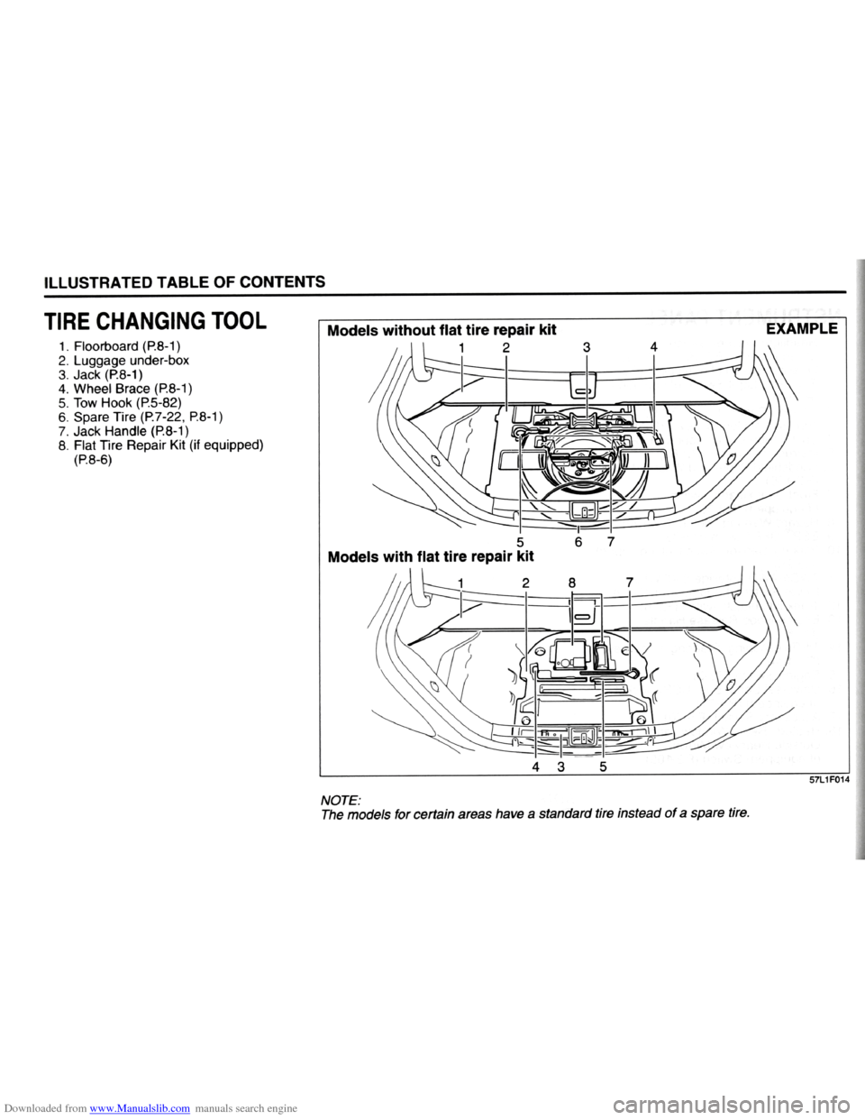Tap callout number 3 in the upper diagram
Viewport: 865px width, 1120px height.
[587, 346]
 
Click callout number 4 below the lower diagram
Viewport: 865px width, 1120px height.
[537, 768]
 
